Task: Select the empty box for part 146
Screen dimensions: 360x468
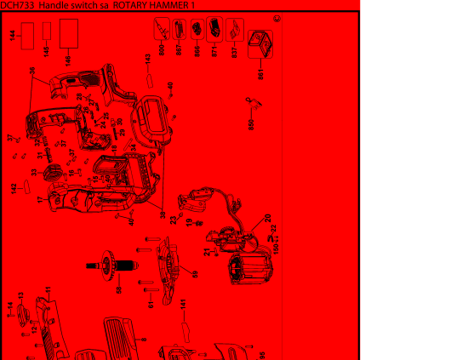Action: (x=66, y=37)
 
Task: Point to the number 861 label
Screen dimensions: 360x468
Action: (x=260, y=75)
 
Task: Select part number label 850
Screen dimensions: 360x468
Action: (x=250, y=125)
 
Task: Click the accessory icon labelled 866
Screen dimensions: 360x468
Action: (x=195, y=31)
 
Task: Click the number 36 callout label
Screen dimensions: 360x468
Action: (x=33, y=72)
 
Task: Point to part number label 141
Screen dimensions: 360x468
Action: (x=183, y=303)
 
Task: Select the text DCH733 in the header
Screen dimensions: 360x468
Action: (x=15, y=5)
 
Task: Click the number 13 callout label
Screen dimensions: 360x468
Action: (x=20, y=297)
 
